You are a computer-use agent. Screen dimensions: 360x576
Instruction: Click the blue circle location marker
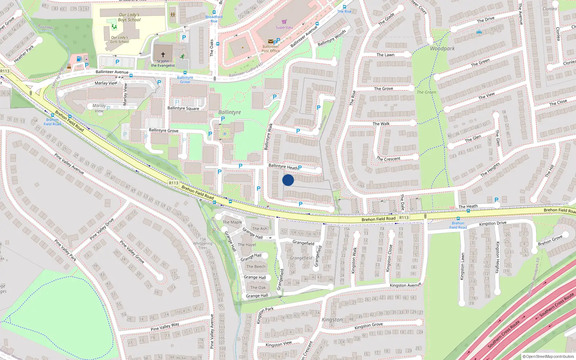click(288, 180)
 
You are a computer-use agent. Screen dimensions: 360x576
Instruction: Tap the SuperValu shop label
click(284, 27)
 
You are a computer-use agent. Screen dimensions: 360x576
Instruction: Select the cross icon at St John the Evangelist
click(163, 55)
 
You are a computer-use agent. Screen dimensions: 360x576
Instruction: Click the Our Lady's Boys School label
click(129, 17)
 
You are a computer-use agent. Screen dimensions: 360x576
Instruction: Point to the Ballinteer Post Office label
click(270, 49)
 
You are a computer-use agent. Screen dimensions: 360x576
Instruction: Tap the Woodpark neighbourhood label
click(442, 49)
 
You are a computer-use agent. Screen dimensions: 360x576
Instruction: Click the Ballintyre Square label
click(183, 108)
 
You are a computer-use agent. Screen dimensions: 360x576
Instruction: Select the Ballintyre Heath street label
click(283, 166)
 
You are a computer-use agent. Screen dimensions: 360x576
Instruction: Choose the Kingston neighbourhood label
click(332, 320)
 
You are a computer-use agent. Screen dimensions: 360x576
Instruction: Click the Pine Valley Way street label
click(165, 327)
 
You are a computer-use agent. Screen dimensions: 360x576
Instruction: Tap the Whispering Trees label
click(203, 246)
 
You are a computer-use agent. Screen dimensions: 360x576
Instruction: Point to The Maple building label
click(232, 222)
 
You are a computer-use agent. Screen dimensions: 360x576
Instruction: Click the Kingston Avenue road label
click(405, 285)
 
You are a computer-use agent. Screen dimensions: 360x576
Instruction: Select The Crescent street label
click(388, 159)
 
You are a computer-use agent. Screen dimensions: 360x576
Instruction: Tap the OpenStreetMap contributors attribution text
click(548, 356)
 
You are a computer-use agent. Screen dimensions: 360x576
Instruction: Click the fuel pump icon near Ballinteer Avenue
click(79, 59)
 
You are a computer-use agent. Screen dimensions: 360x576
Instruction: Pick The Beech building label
click(256, 266)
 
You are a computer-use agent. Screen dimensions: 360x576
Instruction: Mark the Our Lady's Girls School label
click(120, 40)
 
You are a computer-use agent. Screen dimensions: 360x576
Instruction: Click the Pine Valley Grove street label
click(132, 252)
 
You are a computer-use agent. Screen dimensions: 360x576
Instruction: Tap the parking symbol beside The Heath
click(496, 200)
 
